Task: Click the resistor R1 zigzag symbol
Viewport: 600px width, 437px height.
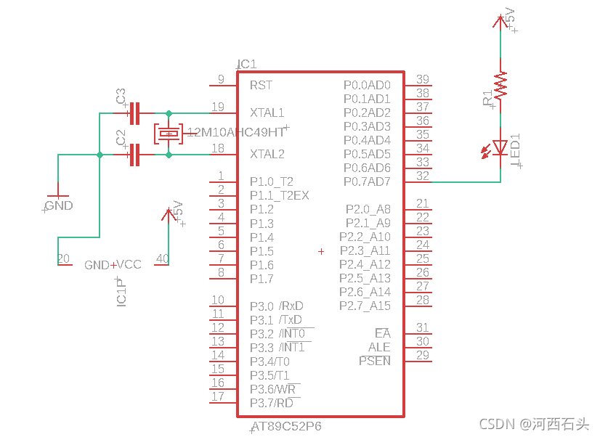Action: coord(500,85)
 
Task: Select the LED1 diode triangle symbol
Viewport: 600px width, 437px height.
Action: coord(500,147)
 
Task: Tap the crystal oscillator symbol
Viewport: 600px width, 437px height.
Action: coord(169,134)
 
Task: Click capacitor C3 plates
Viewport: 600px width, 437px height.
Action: coord(134,113)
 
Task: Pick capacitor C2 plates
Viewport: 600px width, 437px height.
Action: coord(134,155)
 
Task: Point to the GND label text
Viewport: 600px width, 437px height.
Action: coord(59,205)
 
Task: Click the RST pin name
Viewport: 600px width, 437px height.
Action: coord(261,85)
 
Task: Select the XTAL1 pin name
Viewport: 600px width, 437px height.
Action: coord(267,113)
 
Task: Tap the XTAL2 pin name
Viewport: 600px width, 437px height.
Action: coord(267,154)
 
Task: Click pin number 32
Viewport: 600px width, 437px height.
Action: coord(423,176)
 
